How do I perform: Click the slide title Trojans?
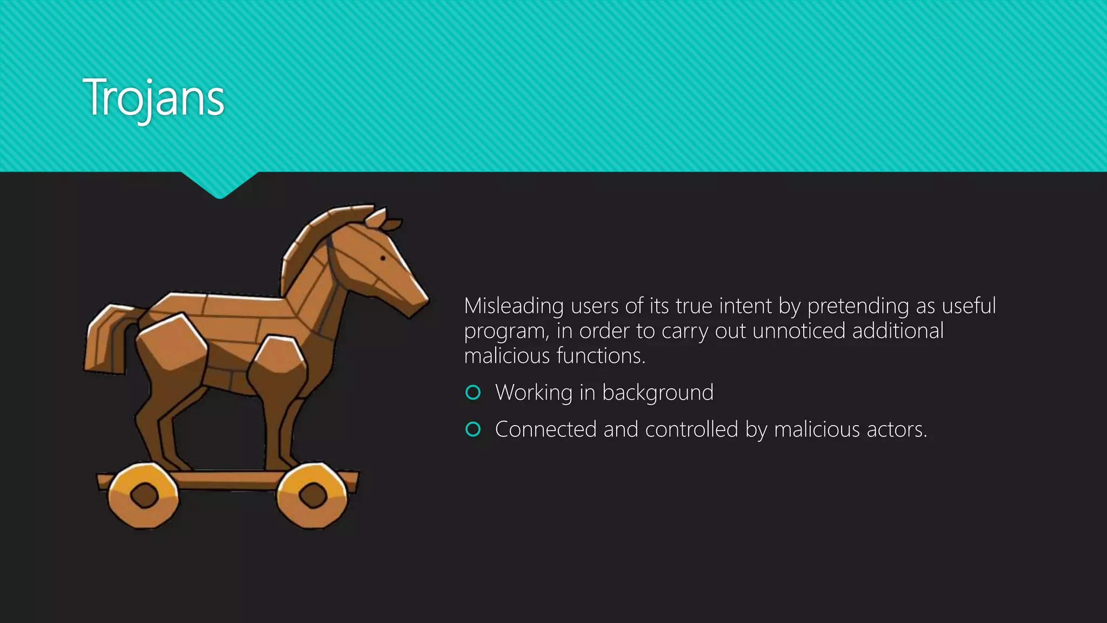154,98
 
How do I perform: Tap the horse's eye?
383,258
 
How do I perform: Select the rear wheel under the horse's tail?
143,495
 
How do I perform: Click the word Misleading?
514,306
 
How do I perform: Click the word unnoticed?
799,331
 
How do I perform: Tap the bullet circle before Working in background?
473,393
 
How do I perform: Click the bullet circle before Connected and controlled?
473,429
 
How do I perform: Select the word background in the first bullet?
658,393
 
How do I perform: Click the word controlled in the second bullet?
691,429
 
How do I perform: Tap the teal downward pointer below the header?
219,185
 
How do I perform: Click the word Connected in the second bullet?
545,429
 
